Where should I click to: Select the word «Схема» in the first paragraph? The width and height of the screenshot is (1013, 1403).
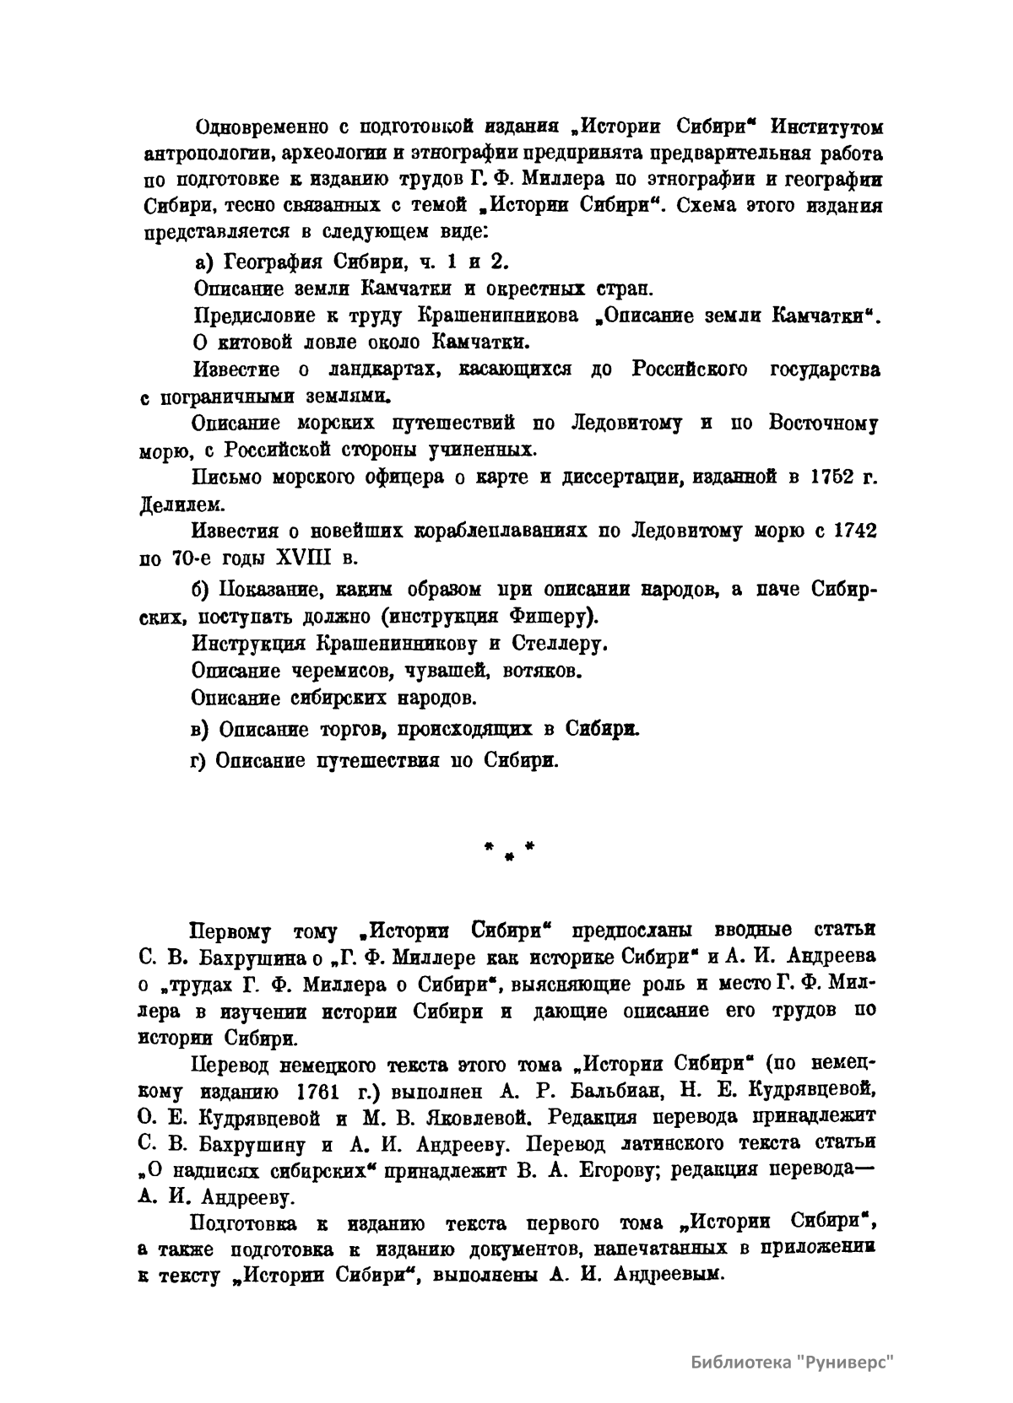point(714,208)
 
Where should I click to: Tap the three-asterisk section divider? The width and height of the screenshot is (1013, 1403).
point(509,847)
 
